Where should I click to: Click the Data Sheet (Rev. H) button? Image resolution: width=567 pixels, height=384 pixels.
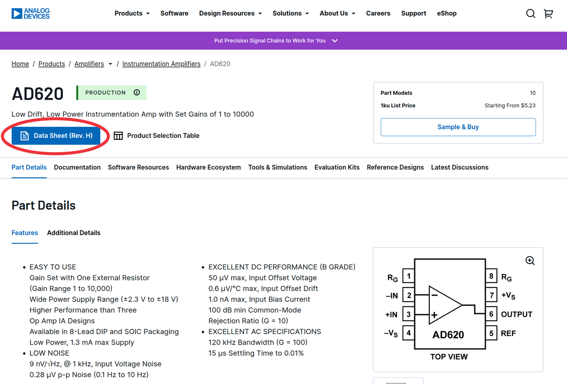tap(56, 136)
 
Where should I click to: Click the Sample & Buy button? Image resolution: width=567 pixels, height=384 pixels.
tap(458, 127)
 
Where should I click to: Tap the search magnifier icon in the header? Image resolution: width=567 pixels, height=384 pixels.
tap(531, 14)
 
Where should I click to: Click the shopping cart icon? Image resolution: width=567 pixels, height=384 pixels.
tap(548, 14)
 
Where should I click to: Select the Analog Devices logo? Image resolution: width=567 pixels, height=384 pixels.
tap(31, 13)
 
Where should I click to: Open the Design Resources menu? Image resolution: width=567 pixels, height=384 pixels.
tap(230, 13)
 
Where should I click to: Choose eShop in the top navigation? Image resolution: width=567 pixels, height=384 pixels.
tap(447, 13)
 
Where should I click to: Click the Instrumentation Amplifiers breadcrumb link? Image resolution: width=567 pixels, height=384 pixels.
tap(161, 64)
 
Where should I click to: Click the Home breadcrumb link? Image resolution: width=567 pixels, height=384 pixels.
tap(20, 64)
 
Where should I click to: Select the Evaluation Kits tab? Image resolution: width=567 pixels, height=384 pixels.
tap(337, 167)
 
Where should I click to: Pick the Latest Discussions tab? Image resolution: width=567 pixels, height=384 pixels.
tap(459, 167)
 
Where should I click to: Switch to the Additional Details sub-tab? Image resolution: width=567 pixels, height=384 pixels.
tap(74, 233)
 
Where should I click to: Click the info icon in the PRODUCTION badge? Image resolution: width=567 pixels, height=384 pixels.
tap(137, 92)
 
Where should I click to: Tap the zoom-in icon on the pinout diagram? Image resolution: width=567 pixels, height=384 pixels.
tap(530, 261)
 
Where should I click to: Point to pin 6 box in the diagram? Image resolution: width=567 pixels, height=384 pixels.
tap(491, 315)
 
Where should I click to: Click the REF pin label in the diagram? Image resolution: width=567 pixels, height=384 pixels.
tap(508, 333)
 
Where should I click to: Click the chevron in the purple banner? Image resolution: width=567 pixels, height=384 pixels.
tap(335, 41)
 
